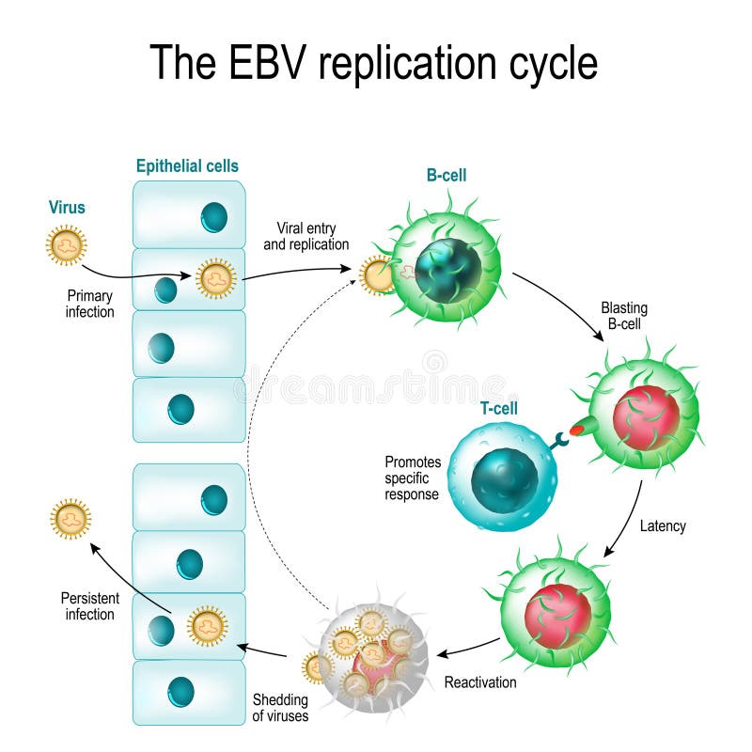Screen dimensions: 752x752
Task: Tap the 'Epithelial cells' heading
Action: [x=187, y=166]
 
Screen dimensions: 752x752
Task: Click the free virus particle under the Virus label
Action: [x=66, y=245]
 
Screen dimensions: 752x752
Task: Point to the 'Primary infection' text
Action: [x=89, y=304]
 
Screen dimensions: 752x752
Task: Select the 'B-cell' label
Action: [x=446, y=175]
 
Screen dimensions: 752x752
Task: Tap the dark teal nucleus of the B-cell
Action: [x=447, y=271]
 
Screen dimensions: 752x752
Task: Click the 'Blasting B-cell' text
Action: [x=624, y=316]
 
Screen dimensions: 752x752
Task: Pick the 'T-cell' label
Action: [x=498, y=408]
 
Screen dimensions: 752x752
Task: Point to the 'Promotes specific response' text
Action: [x=412, y=478]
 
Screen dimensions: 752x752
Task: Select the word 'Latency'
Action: [x=662, y=526]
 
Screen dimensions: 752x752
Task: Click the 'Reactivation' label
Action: [x=480, y=682]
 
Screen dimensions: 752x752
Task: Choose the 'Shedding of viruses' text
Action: [x=280, y=708]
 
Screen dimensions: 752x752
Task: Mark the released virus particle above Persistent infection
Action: [x=70, y=519]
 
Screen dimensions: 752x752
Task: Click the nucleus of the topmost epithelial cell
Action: [x=213, y=217]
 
